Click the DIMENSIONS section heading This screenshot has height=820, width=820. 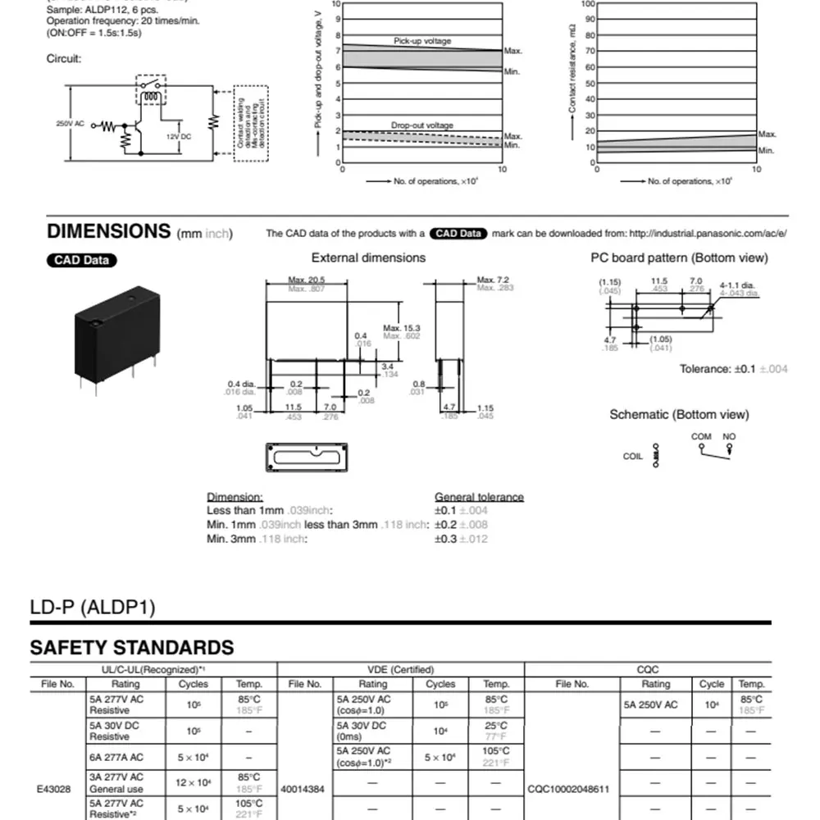point(108,231)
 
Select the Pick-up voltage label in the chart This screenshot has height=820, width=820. point(422,41)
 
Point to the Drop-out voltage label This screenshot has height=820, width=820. point(422,125)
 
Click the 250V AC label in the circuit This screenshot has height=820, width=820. point(70,124)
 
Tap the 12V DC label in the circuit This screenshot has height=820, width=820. point(179,136)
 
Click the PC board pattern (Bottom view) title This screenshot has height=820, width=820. point(679,257)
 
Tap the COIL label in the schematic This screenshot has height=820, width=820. point(633,457)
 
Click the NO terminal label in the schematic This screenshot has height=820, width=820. point(729,436)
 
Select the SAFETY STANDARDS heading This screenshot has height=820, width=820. point(132,647)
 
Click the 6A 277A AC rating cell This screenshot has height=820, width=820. point(116,758)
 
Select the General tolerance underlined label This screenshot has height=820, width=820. point(479,497)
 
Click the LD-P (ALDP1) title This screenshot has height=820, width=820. point(93,608)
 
